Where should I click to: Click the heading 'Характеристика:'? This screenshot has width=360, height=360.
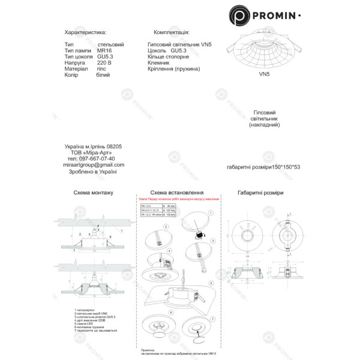[x=85, y=32]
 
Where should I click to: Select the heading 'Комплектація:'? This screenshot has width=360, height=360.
[x=172, y=32]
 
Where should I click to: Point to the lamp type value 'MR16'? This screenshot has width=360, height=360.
[x=104, y=51]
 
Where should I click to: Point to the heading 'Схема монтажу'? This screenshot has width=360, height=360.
[x=93, y=193]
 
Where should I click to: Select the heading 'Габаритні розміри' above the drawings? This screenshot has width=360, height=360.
[x=260, y=193]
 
